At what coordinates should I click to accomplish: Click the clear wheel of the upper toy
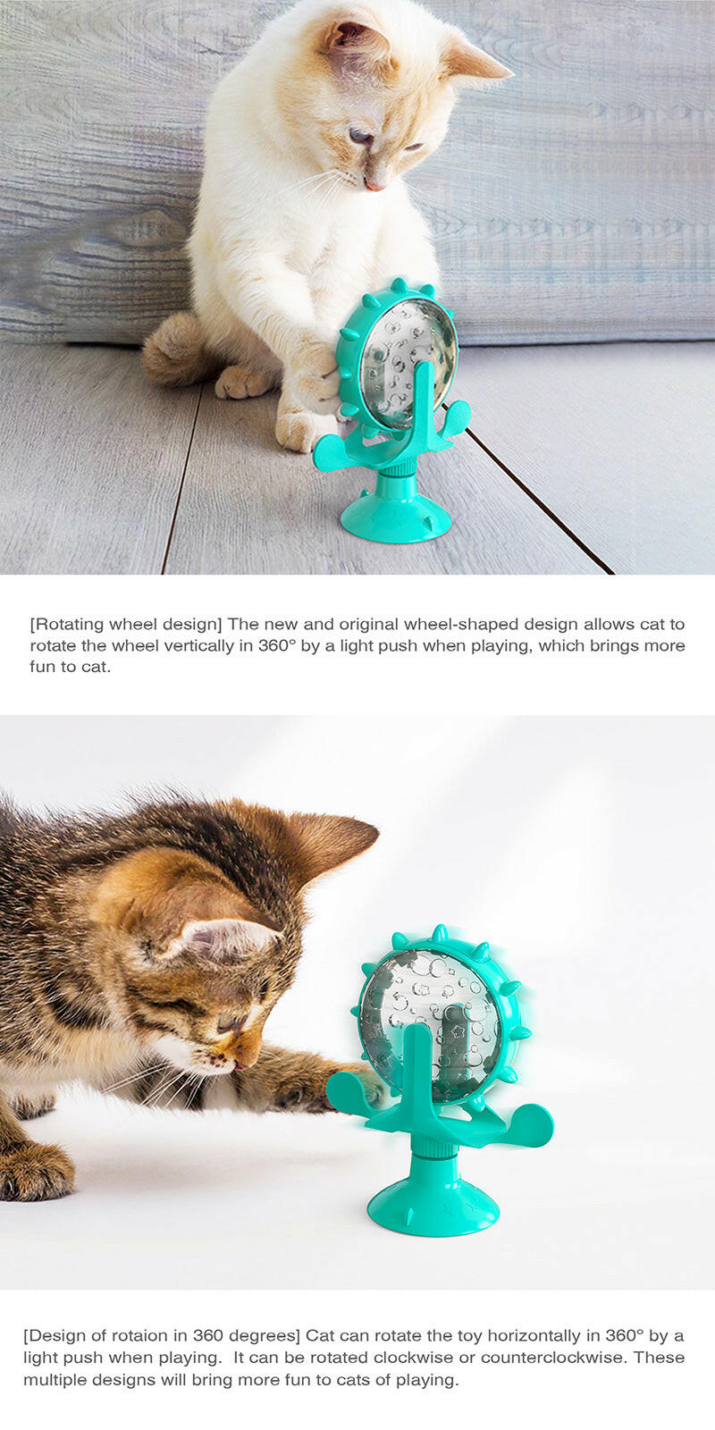[407, 353]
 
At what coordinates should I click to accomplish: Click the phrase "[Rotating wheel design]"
[126, 624]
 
